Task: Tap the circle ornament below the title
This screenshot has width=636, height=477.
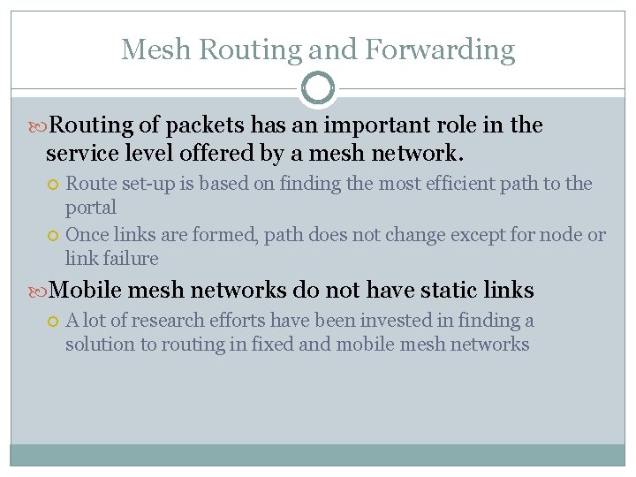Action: tap(318, 88)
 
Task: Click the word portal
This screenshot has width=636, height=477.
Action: tap(91, 208)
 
